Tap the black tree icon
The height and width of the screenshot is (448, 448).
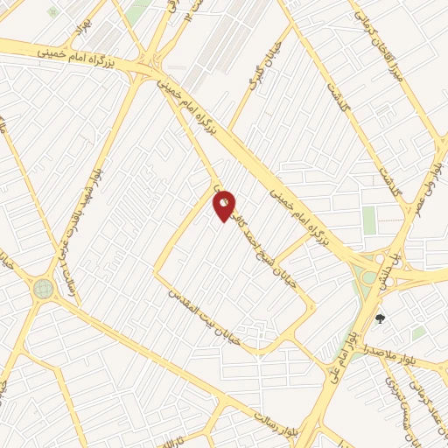tap(380, 319)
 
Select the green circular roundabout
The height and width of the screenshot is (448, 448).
tap(43, 288)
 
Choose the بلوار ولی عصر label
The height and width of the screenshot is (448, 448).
tap(435, 171)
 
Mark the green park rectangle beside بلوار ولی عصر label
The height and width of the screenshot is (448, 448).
tap(369, 220)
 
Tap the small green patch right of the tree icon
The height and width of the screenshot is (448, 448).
tap(419, 333)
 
